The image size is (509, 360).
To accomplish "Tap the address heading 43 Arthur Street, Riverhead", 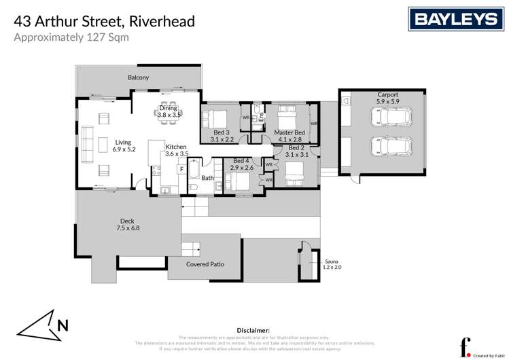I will [x=105, y=21].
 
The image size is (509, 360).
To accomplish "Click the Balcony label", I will [x=138, y=78].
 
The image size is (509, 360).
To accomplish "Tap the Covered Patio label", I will [x=205, y=264].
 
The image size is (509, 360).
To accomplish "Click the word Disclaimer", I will [x=254, y=329].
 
